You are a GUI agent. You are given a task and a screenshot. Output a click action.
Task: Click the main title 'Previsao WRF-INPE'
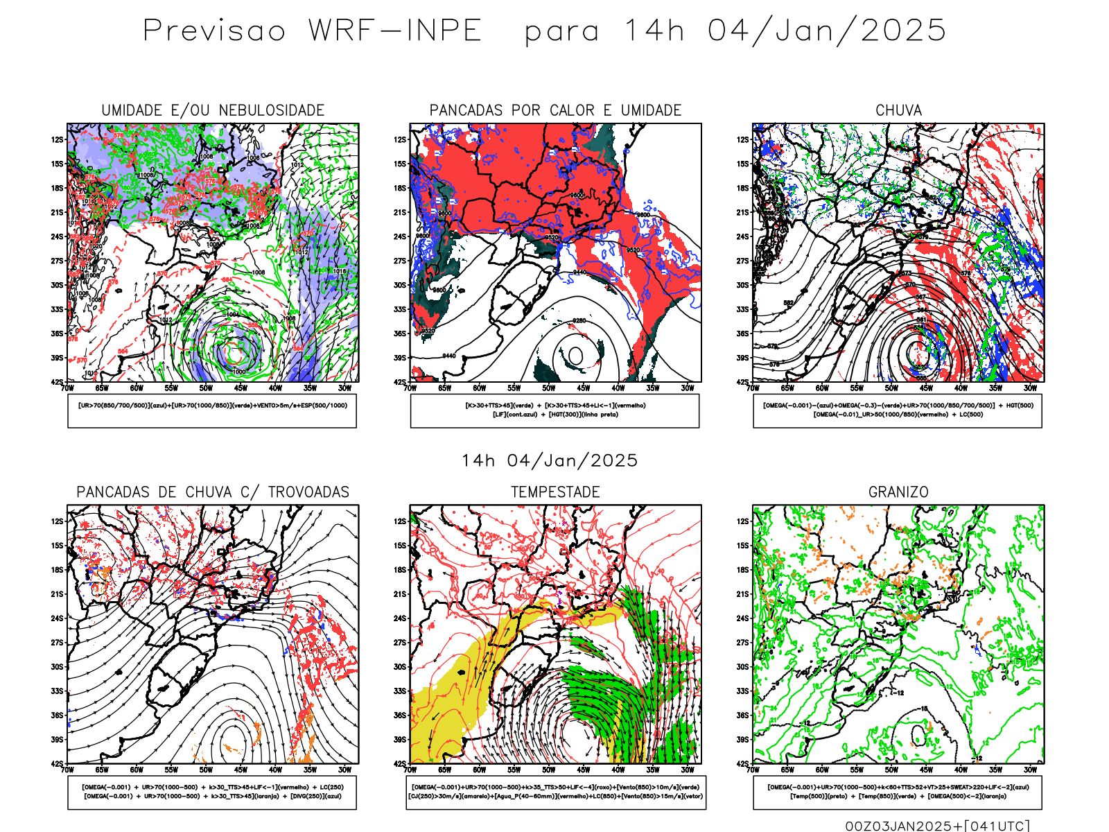[312, 31]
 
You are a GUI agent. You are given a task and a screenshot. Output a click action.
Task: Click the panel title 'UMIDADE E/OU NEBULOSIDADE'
[213, 110]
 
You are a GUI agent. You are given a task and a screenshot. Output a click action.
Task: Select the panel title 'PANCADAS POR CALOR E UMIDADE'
[555, 110]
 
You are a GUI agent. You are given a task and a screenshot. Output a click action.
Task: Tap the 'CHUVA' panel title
[898, 110]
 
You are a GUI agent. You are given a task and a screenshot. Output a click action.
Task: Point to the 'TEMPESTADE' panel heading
[555, 492]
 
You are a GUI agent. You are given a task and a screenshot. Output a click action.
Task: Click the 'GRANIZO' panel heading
[898, 492]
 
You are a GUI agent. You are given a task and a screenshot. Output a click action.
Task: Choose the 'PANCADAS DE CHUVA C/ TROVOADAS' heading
[213, 492]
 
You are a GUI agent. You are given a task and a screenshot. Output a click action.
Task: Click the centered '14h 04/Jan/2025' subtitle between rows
[550, 461]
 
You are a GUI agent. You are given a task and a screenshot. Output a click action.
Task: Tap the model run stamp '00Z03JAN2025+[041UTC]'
[937, 826]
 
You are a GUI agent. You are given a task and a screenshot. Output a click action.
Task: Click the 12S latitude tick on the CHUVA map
[743, 140]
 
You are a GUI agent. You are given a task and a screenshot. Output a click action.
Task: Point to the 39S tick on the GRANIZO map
[743, 740]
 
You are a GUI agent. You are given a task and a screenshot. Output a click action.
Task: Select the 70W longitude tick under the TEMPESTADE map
[410, 770]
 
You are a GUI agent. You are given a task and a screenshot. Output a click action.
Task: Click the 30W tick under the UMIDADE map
[344, 388]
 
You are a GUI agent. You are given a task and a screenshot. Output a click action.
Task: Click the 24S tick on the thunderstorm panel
[57, 618]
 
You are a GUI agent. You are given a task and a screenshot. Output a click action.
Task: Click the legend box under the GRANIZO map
[898, 792]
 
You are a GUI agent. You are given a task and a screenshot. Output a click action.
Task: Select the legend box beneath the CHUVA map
[898, 410]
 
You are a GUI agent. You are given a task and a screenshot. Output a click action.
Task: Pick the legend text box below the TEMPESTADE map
[555, 792]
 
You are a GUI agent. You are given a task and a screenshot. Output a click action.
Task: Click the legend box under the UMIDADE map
[212, 410]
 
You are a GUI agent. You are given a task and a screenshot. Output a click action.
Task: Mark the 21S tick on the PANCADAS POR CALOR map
[400, 213]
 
